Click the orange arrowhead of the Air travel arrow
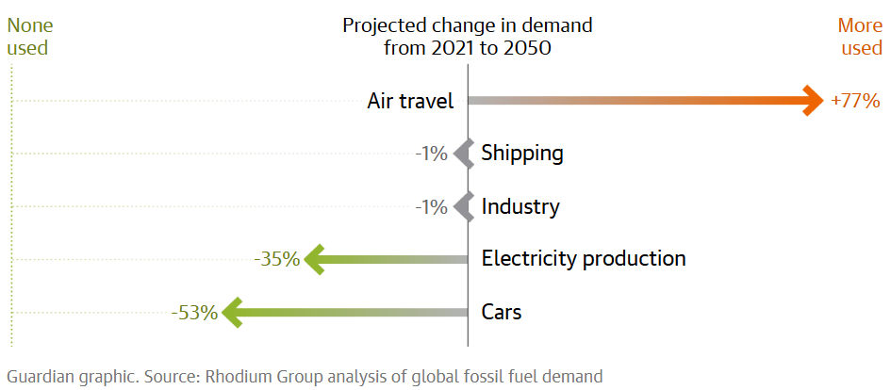[x=814, y=100]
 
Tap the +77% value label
[x=855, y=101]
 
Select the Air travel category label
[x=410, y=101]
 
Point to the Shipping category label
[x=522, y=153]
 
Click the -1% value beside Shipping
[x=431, y=153]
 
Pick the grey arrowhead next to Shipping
[x=462, y=153]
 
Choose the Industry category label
[x=520, y=206]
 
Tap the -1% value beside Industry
[x=431, y=206]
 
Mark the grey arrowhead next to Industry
[x=462, y=206]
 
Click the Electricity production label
[x=584, y=258]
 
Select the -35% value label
[x=277, y=259]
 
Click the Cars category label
[x=502, y=312]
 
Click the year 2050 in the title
[x=524, y=48]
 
